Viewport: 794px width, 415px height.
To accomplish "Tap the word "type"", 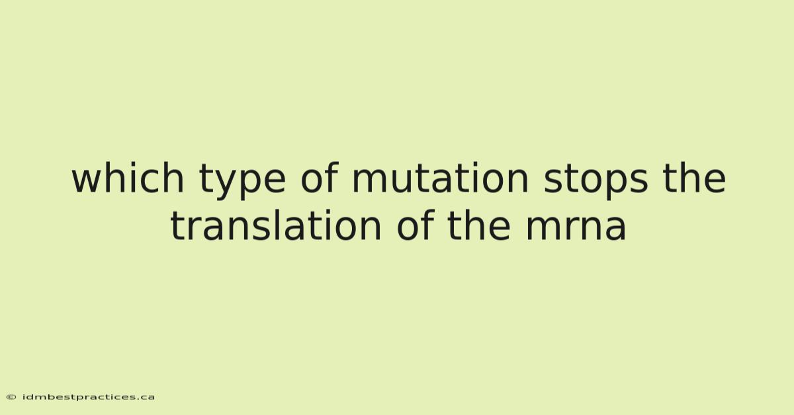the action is [242, 182].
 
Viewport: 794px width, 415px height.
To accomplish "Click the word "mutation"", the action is [440, 178].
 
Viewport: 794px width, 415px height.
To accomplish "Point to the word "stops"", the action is [596, 182].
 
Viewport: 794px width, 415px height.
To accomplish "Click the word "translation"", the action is [276, 225].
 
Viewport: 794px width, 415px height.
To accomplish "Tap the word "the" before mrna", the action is [478, 225].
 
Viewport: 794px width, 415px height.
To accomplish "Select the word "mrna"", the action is [576, 229].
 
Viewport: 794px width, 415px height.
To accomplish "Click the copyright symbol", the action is [11, 397].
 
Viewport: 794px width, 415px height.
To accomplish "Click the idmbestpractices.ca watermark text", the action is [89, 397].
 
